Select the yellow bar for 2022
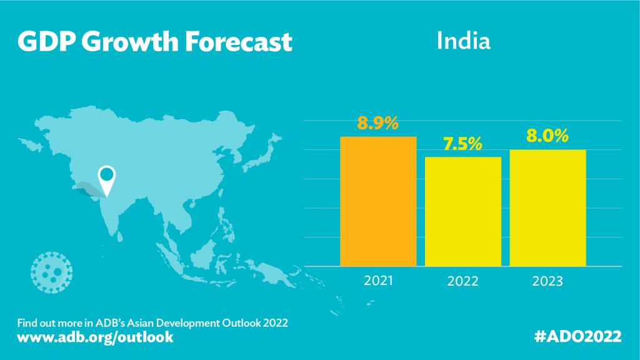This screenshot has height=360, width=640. coord(463,211)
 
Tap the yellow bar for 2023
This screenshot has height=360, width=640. coord(547,207)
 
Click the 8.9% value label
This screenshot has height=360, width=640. coord(378,123)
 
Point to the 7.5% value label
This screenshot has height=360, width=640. coord(462,144)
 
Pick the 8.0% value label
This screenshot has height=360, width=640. coord(547,136)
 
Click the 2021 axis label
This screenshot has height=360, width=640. coord(378,281)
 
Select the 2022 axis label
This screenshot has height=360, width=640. coord(463,281)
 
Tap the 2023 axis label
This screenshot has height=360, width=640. coord(547,281)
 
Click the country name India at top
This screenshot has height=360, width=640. coord(463,41)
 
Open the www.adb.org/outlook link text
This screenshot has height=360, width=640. coord(95,337)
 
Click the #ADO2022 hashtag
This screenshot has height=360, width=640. coord(578,337)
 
